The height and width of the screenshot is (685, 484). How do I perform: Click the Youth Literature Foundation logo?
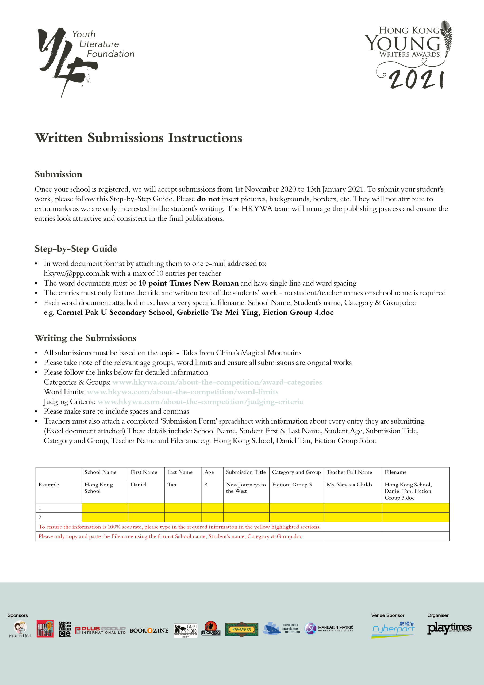point(85,60)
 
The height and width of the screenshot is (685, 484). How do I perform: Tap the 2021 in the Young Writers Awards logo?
point(417,80)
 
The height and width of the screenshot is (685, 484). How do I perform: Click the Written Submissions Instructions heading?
point(138,138)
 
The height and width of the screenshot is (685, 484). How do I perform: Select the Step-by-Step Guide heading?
point(76,249)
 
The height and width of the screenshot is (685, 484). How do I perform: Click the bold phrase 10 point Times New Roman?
point(189,283)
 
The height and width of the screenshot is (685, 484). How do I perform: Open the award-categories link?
point(217,382)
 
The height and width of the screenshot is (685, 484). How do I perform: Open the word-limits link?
point(183,392)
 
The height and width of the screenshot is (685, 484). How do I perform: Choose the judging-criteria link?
point(200,402)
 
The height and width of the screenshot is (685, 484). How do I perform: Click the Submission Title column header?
point(246,472)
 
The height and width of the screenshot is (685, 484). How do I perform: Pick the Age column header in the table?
point(209,472)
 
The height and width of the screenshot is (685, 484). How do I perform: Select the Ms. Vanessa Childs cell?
point(349,485)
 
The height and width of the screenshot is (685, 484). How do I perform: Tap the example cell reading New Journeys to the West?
point(246,488)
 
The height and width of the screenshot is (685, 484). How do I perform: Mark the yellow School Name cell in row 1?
point(105,508)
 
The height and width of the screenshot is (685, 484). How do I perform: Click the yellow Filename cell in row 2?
point(415,517)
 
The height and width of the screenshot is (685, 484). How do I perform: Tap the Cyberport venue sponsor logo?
point(393,630)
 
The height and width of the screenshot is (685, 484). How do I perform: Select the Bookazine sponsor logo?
point(149,630)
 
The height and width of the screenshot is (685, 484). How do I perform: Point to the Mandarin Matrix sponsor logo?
point(329,629)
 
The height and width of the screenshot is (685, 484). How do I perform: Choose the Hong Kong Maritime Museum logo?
point(281,628)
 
